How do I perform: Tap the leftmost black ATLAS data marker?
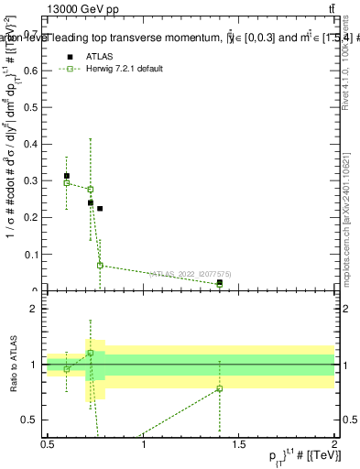click(67, 176)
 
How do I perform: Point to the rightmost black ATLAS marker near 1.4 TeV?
click(220, 282)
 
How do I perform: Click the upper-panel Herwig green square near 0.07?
click(100, 266)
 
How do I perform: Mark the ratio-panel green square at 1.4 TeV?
click(220, 388)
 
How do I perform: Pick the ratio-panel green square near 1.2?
click(90, 353)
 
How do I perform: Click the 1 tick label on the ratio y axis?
click(37, 365)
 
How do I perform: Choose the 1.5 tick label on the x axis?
click(239, 445)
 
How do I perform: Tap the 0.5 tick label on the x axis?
click(48, 445)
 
